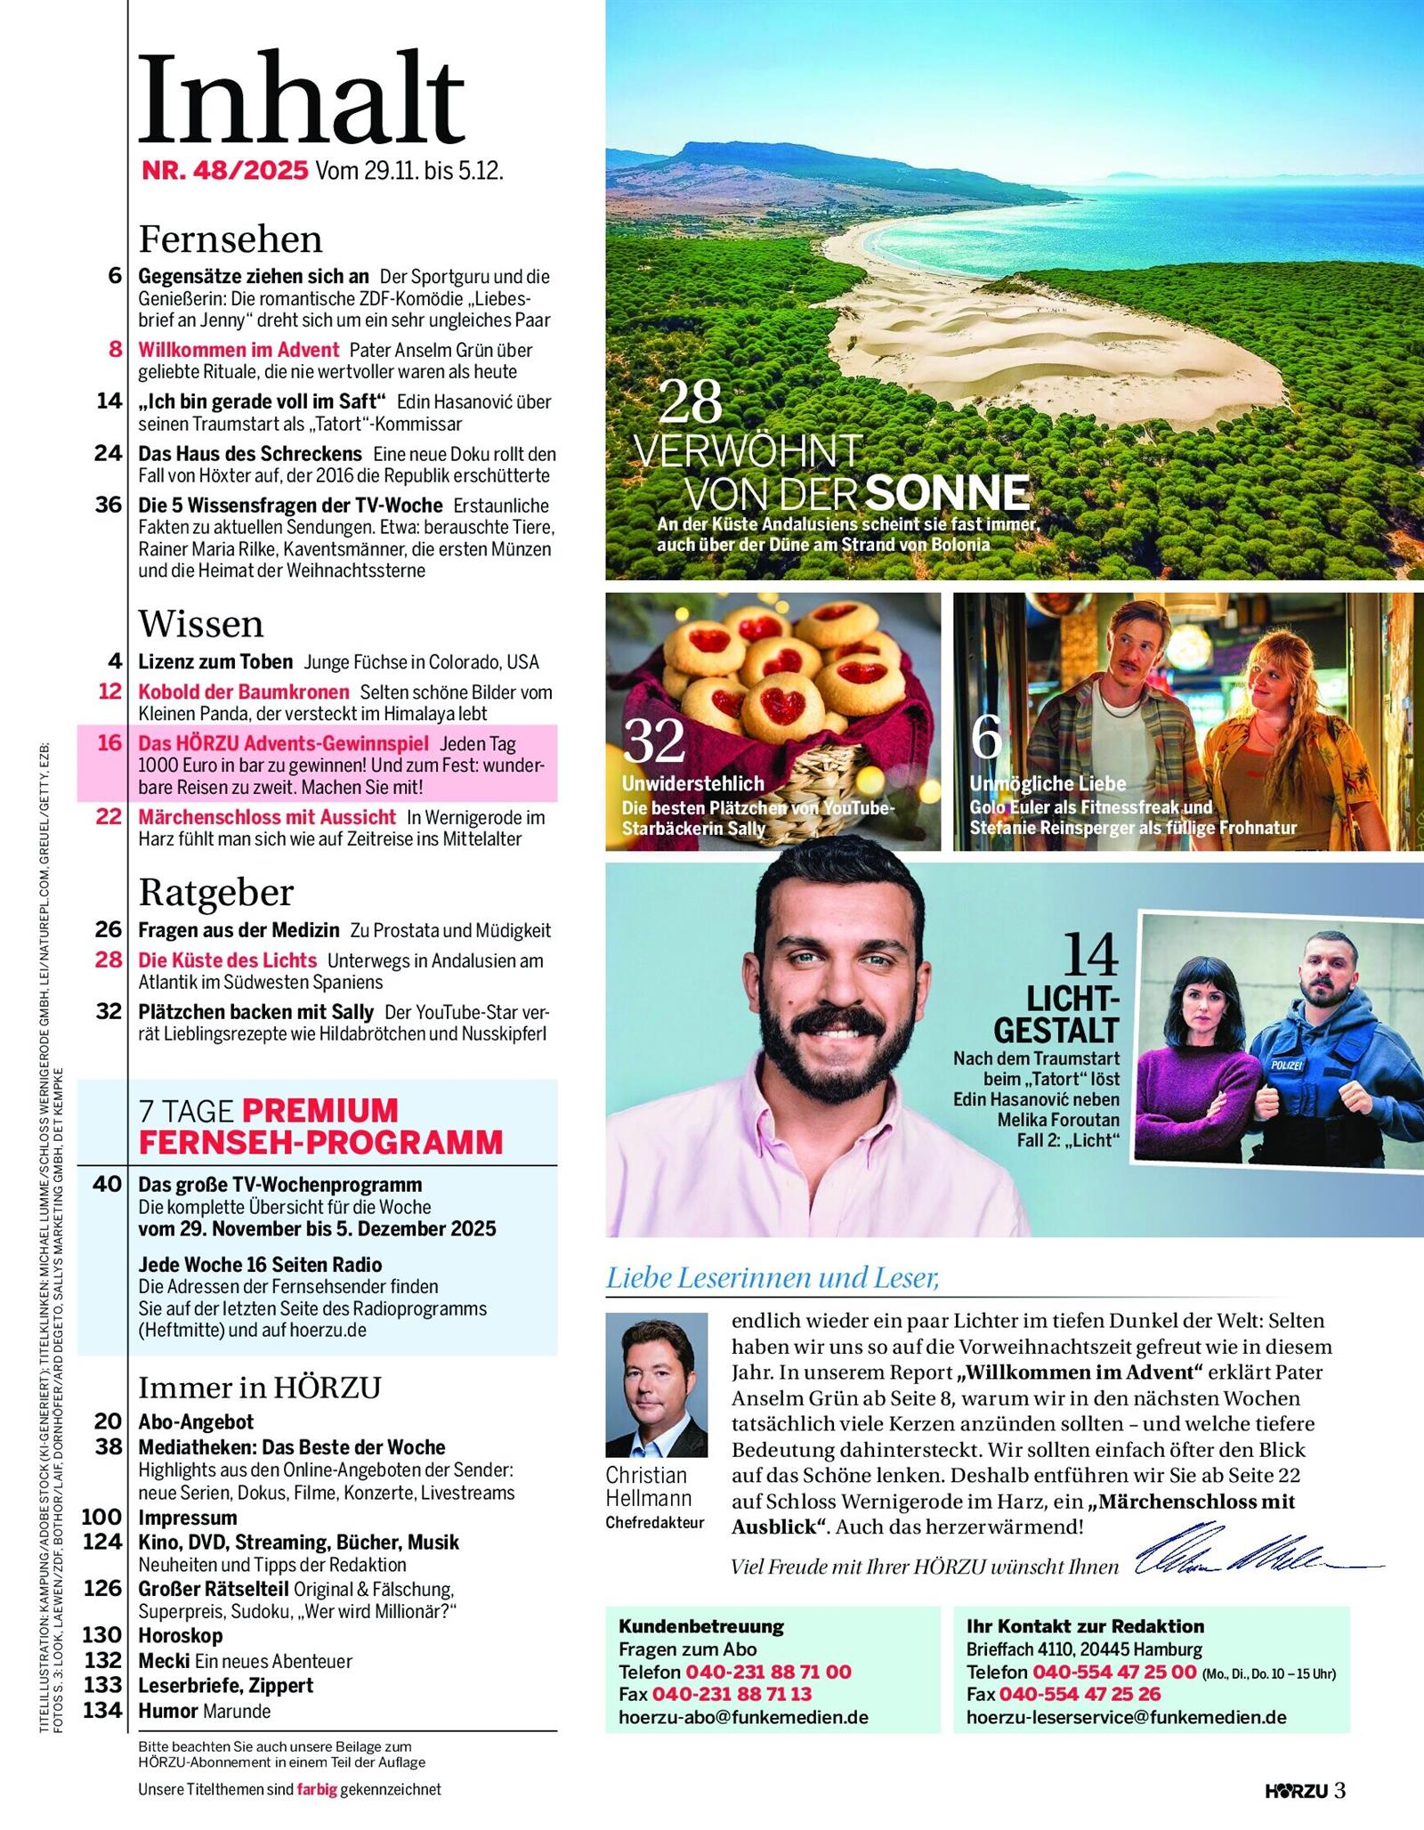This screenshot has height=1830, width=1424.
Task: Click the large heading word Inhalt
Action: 301,100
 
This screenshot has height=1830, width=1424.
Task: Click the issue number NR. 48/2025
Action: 225,170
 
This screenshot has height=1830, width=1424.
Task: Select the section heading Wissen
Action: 201,624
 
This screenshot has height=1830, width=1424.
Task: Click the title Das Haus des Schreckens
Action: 250,454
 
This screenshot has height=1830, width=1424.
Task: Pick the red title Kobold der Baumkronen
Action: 244,692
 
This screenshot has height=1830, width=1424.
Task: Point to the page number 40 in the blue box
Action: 107,1184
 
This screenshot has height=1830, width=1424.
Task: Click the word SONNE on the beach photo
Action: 947,492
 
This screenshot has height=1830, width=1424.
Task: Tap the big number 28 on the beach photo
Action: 691,402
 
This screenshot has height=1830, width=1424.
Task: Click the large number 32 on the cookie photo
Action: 654,741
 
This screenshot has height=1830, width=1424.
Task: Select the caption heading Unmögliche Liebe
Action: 1048,783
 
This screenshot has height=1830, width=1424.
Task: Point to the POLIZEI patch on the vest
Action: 1287,1065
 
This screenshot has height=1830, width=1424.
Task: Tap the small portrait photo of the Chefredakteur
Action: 656,1383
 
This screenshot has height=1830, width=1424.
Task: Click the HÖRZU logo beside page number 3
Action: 1296,1790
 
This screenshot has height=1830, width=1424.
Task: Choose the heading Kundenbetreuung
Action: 701,1626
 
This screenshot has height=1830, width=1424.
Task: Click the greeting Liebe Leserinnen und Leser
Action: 773,1278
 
